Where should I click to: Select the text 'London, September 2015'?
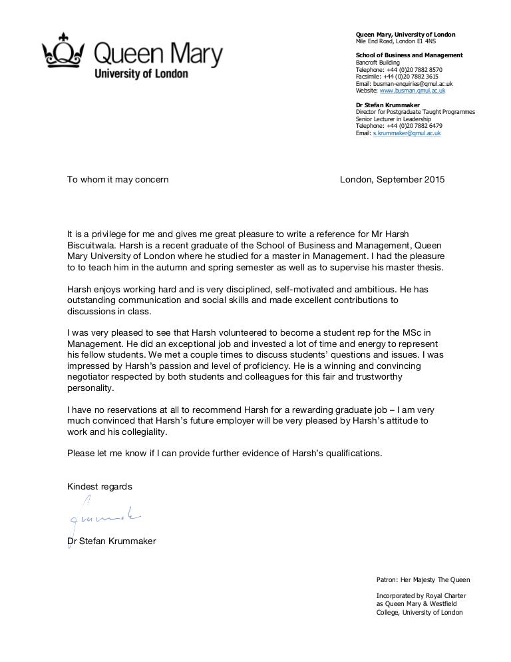[x=392, y=180]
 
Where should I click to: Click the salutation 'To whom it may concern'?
[x=118, y=180]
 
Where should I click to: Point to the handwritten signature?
[x=103, y=518]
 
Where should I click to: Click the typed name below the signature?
[x=112, y=541]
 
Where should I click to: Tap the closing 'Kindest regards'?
[x=100, y=487]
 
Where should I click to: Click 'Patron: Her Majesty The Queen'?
[x=423, y=579]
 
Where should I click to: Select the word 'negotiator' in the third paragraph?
[x=89, y=378]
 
